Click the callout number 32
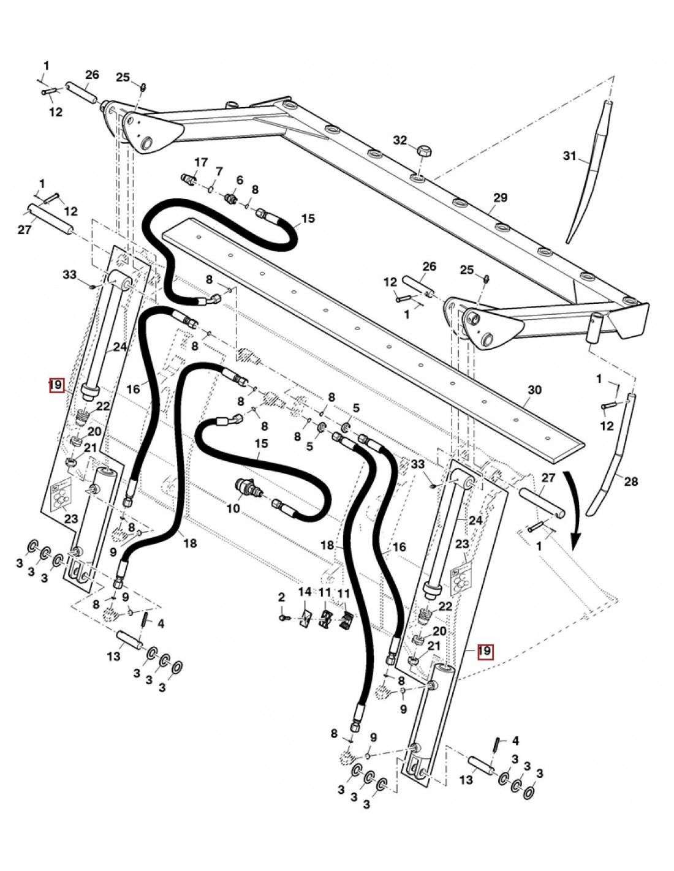(x=399, y=140)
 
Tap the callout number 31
(x=570, y=157)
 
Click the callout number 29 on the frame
(x=501, y=197)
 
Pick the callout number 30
(x=535, y=390)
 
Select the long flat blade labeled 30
(x=368, y=325)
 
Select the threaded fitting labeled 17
(x=189, y=179)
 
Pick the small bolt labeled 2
(x=283, y=619)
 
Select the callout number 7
(x=219, y=170)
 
